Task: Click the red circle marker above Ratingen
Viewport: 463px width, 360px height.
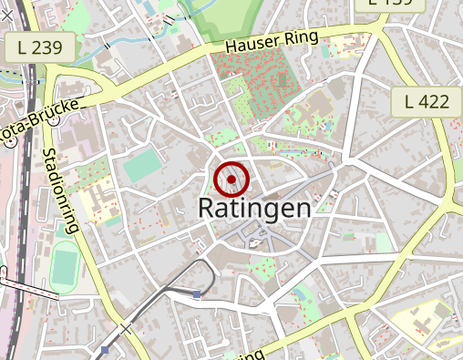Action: [x=232, y=180]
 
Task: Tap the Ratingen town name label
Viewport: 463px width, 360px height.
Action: [x=254, y=209]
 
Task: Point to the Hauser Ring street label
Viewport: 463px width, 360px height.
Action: [x=273, y=42]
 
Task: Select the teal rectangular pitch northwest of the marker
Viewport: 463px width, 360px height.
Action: [x=140, y=166]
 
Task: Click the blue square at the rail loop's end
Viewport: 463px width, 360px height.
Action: [x=197, y=293]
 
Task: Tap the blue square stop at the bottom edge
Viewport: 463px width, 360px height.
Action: [x=106, y=350]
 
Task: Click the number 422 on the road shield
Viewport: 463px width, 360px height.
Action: [x=434, y=102]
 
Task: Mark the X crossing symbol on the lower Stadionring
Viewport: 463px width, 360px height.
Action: [x=125, y=329]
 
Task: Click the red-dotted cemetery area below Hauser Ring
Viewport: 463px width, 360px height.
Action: [x=260, y=87]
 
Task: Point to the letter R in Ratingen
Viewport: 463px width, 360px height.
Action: [x=207, y=208]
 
